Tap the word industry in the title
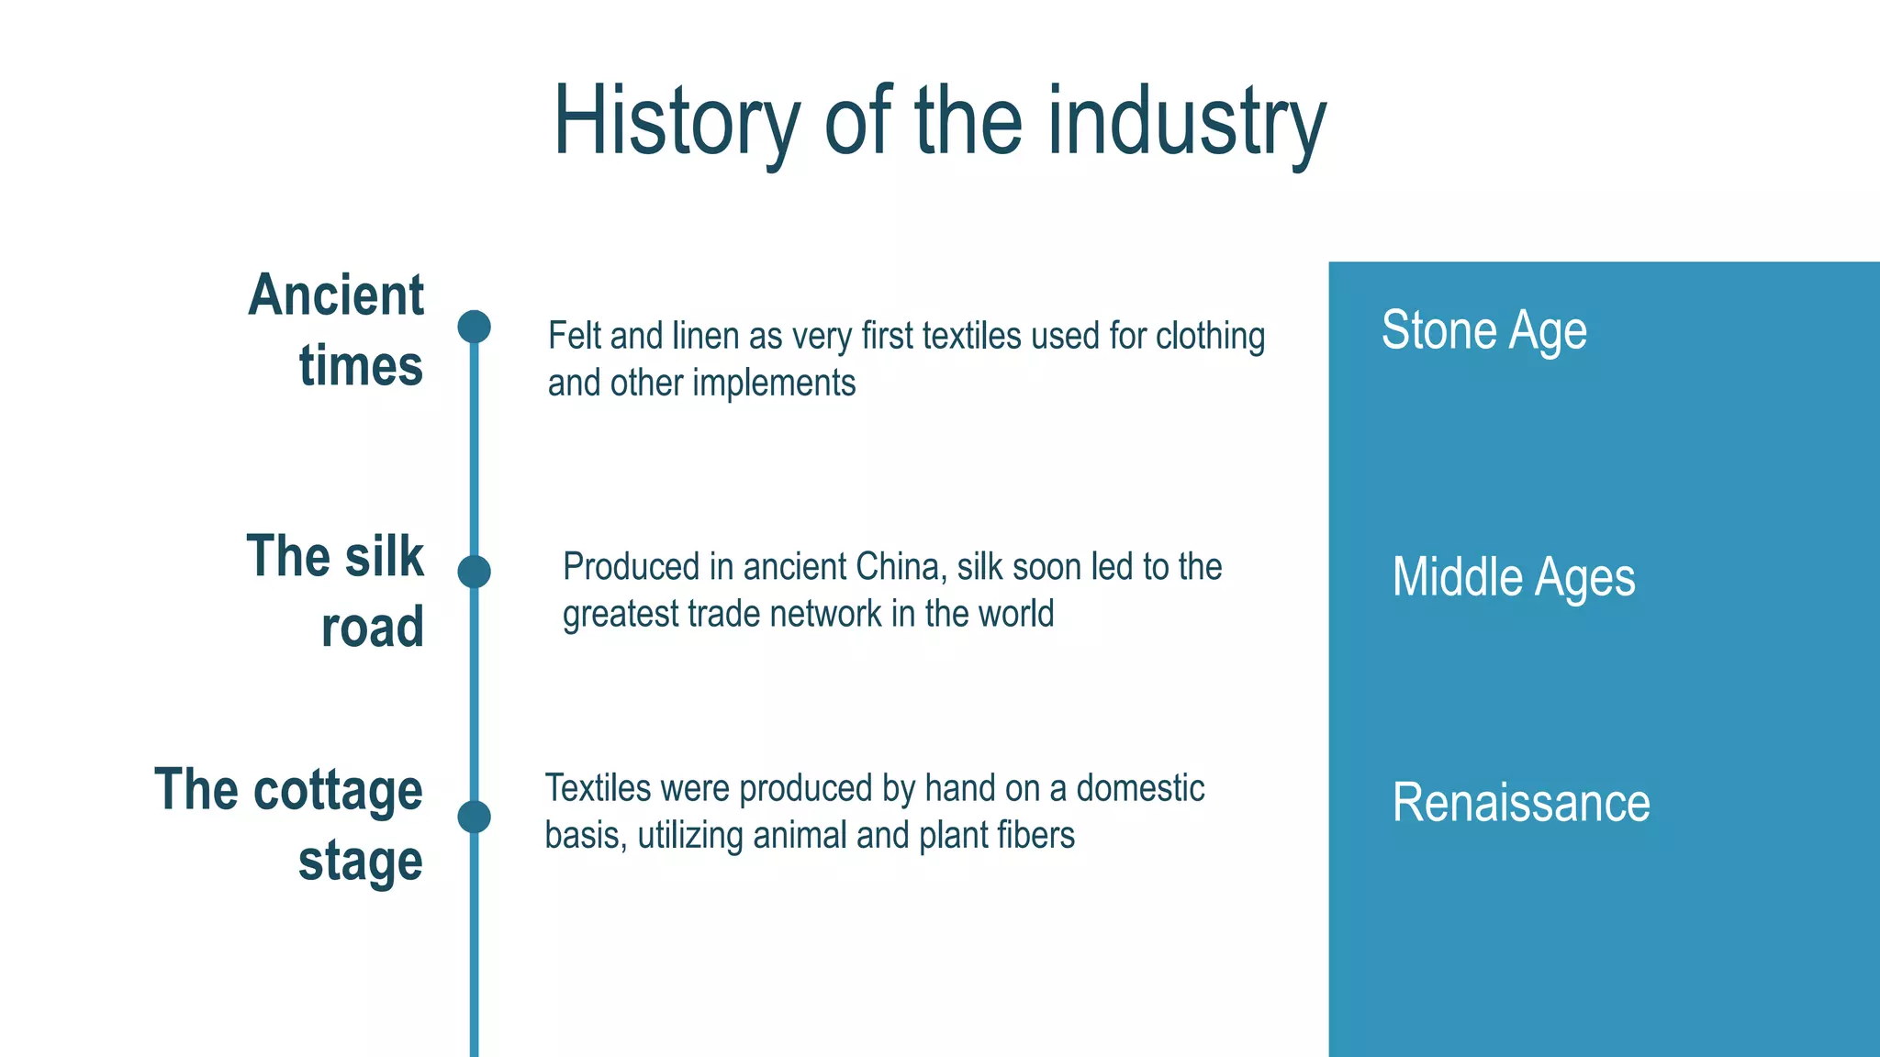[1187, 122]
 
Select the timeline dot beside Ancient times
[474, 327]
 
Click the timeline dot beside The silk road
[474, 572]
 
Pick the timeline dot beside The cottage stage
[474, 817]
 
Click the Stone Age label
[1483, 330]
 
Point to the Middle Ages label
[1513, 577]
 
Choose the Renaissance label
[1520, 802]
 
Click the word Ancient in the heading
[336, 295]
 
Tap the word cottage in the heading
[338, 790]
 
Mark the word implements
[774, 383]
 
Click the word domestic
[1140, 788]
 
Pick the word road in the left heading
[373, 628]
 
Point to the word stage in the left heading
[361, 861]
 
